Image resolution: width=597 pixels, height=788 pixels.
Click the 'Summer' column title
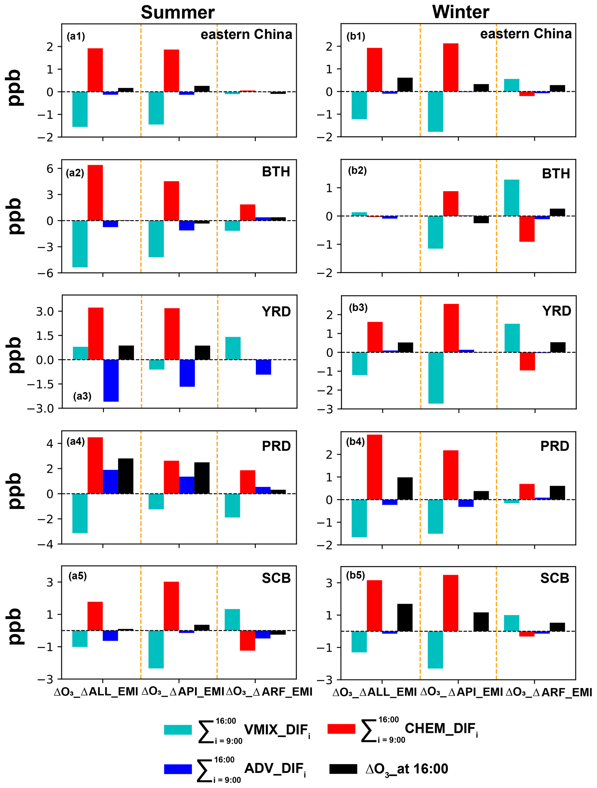[x=177, y=13]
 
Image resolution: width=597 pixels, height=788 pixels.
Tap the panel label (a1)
[x=75, y=36]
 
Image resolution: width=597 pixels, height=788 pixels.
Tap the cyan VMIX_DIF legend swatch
[x=178, y=729]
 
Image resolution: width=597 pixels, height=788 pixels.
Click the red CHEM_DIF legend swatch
[x=341, y=728]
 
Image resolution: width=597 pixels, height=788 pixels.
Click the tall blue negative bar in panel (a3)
[x=111, y=380]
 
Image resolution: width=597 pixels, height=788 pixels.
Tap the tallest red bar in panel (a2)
[x=95, y=193]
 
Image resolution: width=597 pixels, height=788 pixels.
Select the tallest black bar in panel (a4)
[x=126, y=476]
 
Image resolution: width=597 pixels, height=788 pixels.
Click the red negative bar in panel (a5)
[x=248, y=640]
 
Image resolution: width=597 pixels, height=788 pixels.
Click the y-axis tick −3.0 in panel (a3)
[x=40, y=409]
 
